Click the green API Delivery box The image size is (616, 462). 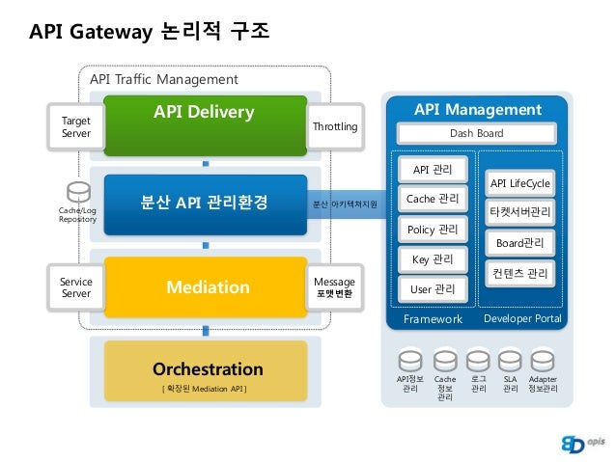point(205,124)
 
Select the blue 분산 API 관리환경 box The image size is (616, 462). point(205,204)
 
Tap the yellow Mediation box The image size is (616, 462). point(205,286)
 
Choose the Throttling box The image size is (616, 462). point(335,127)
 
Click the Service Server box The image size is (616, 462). point(76,287)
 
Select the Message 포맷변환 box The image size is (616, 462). point(335,287)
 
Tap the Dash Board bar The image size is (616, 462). point(477,133)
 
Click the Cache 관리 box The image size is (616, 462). point(432,200)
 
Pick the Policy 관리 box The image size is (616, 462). point(432,230)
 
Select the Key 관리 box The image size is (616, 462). point(432,259)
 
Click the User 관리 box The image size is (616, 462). point(432,288)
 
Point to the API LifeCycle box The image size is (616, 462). point(519,183)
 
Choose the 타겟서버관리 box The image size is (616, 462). point(519,211)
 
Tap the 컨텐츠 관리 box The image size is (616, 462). point(519,274)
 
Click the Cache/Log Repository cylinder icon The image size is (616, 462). point(76,190)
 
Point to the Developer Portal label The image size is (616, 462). point(521,318)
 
